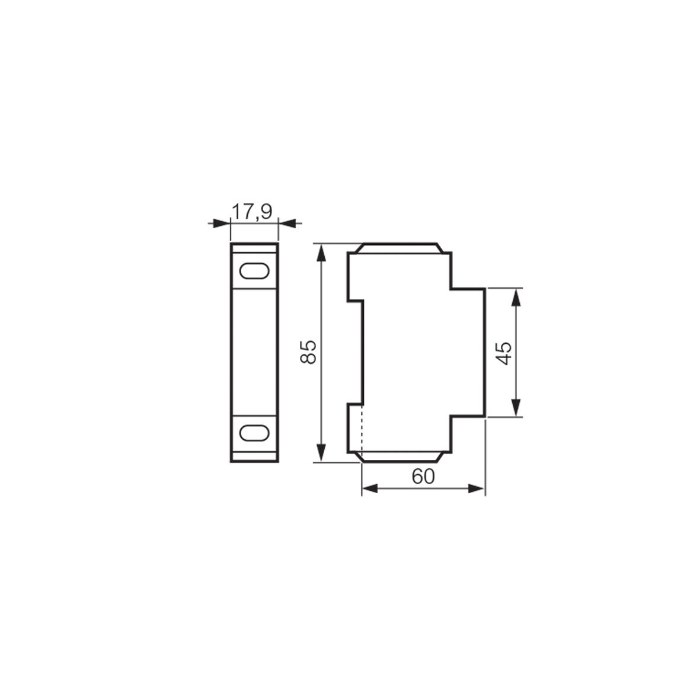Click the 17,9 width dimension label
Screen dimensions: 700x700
point(251,212)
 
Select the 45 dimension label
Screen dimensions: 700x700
point(504,353)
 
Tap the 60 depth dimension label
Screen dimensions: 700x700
point(423,477)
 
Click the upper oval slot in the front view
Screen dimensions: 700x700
point(254,271)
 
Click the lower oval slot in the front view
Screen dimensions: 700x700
point(254,432)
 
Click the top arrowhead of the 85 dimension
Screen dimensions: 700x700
point(321,251)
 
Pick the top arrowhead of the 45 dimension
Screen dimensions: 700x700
point(516,297)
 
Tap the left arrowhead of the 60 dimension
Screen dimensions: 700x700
point(369,488)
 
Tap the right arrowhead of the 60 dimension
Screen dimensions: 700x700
point(478,488)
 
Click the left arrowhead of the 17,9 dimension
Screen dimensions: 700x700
point(222,223)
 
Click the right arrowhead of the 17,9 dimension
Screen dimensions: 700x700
point(286,223)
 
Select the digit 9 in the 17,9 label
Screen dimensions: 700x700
point(266,212)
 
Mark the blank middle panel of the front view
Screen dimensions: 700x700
point(254,352)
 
